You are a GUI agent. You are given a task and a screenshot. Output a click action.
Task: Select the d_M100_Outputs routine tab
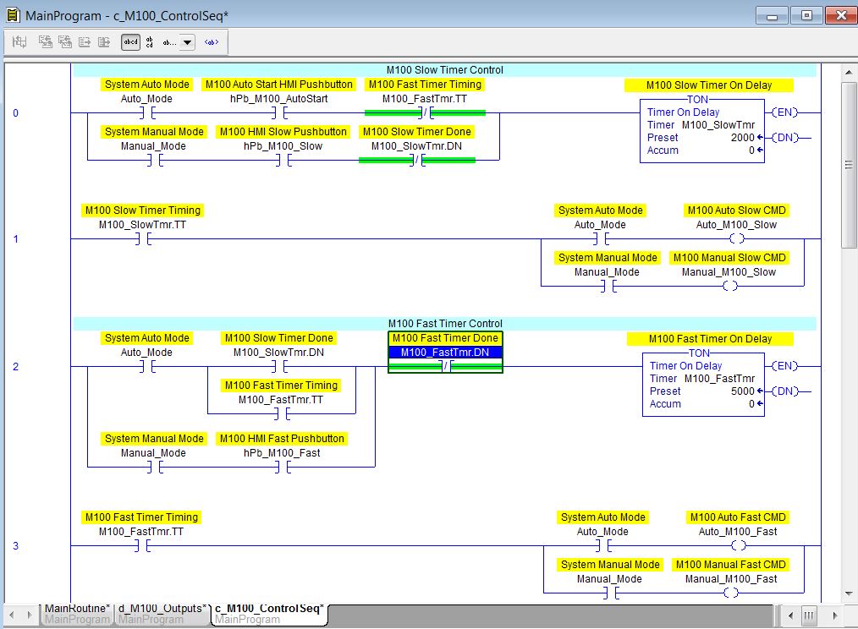tap(163, 608)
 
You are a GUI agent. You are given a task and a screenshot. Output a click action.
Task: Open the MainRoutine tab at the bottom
tap(76, 608)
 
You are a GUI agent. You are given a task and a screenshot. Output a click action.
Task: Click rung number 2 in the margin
tap(15, 366)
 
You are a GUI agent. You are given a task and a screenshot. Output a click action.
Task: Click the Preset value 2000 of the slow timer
tap(742, 138)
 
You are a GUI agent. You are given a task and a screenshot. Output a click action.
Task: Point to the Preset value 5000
tap(741, 391)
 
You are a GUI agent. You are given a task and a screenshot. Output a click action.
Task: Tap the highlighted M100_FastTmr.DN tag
tap(445, 353)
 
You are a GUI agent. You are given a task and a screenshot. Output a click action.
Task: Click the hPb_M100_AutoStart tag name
tap(279, 99)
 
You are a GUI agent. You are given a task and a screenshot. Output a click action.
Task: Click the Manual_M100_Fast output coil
tap(730, 593)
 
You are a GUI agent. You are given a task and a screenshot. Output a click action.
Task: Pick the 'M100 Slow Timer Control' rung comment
tap(444, 70)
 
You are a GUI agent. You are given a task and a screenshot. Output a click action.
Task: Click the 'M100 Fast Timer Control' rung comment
tap(444, 324)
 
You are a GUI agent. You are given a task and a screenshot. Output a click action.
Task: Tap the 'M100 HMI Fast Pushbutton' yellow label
tap(282, 439)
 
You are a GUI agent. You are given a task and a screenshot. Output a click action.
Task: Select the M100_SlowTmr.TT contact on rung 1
tap(142, 239)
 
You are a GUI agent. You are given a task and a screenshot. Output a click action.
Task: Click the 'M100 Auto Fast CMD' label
tap(738, 517)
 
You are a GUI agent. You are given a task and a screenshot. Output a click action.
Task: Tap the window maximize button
tap(806, 15)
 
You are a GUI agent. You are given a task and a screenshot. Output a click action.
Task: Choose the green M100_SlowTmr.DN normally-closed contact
tap(417, 160)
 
